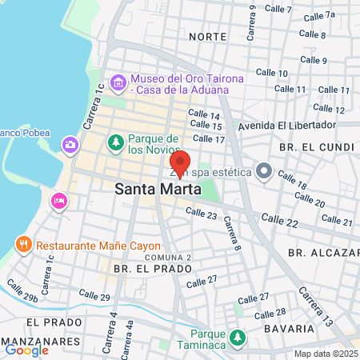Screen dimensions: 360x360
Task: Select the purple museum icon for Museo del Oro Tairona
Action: pos(118,82)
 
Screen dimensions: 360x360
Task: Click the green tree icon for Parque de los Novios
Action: pos(115,142)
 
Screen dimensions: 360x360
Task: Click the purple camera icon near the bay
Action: pos(70,145)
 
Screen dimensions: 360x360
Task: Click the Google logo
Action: pos(26,350)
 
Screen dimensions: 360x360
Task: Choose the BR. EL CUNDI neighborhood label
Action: pos(316,147)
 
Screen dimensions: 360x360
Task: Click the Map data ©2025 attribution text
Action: pos(326,354)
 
